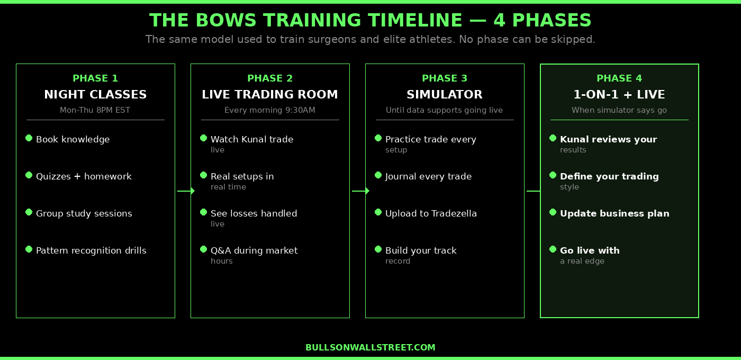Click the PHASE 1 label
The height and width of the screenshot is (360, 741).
coord(95,78)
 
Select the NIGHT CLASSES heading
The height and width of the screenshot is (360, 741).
coord(95,95)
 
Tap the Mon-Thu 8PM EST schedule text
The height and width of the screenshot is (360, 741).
coord(95,110)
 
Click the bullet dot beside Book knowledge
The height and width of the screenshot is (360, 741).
coord(29,138)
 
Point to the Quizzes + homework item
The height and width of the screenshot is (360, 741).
coord(84,176)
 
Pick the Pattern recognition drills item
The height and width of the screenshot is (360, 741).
coord(91,250)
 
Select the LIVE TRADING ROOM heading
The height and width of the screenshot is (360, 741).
coord(270,95)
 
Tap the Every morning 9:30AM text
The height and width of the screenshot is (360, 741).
coord(270,110)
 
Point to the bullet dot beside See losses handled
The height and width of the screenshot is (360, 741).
coord(204,212)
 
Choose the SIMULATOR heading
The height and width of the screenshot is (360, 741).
coord(445,95)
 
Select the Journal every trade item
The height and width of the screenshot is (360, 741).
coord(428,176)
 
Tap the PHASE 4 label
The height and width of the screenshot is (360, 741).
coord(619,78)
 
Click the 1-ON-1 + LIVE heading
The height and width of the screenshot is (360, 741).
coord(619,95)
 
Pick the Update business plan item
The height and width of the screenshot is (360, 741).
coord(615,213)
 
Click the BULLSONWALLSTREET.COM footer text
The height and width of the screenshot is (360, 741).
coord(370,347)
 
